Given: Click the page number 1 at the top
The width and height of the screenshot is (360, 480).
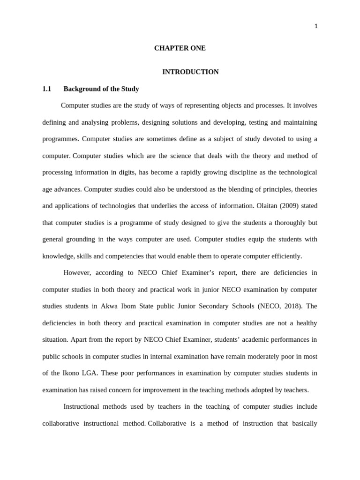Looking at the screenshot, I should pyautogui.click(x=316, y=27).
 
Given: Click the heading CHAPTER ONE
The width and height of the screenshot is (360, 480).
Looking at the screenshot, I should pyautogui.click(x=180, y=48).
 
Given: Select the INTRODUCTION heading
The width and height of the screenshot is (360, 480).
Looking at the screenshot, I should pyautogui.click(x=190, y=72).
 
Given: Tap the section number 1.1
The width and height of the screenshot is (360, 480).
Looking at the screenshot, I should pyautogui.click(x=46, y=89).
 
